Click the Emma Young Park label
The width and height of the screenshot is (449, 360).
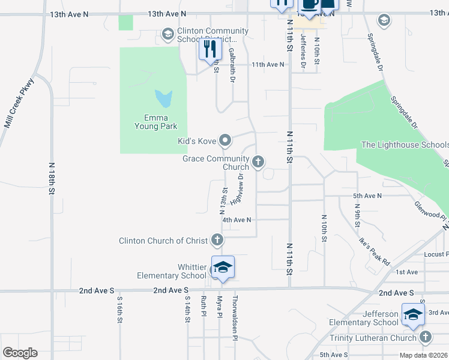[x=147, y=122]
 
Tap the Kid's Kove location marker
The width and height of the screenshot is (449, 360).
[x=225, y=141]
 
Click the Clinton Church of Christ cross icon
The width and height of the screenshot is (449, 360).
[x=217, y=241]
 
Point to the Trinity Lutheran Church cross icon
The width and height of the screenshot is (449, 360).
[x=426, y=337]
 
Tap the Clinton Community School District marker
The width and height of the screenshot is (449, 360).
[x=168, y=34]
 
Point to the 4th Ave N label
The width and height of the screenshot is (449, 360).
[x=236, y=220]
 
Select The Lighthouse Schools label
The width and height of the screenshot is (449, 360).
[x=405, y=145]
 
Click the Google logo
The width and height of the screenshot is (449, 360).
[x=20, y=353]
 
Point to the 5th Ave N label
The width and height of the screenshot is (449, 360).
[x=367, y=196]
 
